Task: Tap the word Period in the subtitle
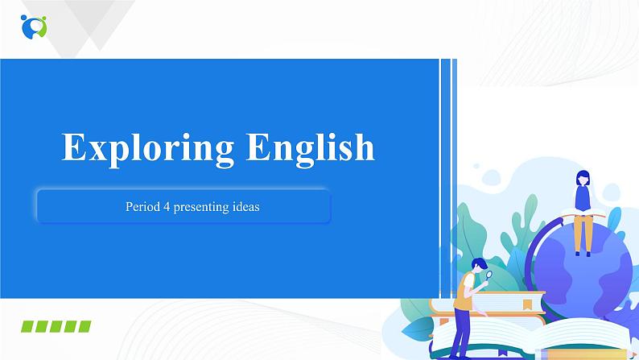(140, 207)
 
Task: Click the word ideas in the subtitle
(242, 207)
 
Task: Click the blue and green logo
(34, 27)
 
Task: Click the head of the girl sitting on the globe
(583, 178)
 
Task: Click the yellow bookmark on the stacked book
(527, 304)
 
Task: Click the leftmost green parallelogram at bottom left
(27, 326)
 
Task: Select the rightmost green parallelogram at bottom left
(83, 326)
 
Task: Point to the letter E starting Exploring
(74, 148)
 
